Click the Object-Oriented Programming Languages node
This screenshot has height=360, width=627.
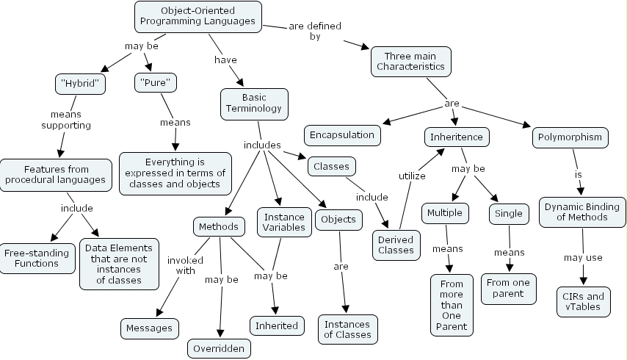coord(198,15)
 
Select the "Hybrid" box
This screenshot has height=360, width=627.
coord(81,84)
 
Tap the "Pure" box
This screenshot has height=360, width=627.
coord(156,83)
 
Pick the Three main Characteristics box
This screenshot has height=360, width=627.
coord(410,61)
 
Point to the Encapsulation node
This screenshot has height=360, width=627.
coord(342,134)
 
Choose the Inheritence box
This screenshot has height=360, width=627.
coord(457,137)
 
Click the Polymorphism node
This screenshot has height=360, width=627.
coord(571,137)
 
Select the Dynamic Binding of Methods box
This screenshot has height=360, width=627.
coord(582,212)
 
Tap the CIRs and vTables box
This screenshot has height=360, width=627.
coord(584,302)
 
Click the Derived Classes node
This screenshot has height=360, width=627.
coord(396,244)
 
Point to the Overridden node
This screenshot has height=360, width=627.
coord(219,348)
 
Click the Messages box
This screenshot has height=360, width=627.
coord(149,328)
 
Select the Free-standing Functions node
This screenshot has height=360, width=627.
coord(37,258)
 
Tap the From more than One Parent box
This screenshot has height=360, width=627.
coord(452,305)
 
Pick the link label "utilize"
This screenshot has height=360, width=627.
coord(412,176)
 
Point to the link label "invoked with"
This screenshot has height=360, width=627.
coord(181,265)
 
